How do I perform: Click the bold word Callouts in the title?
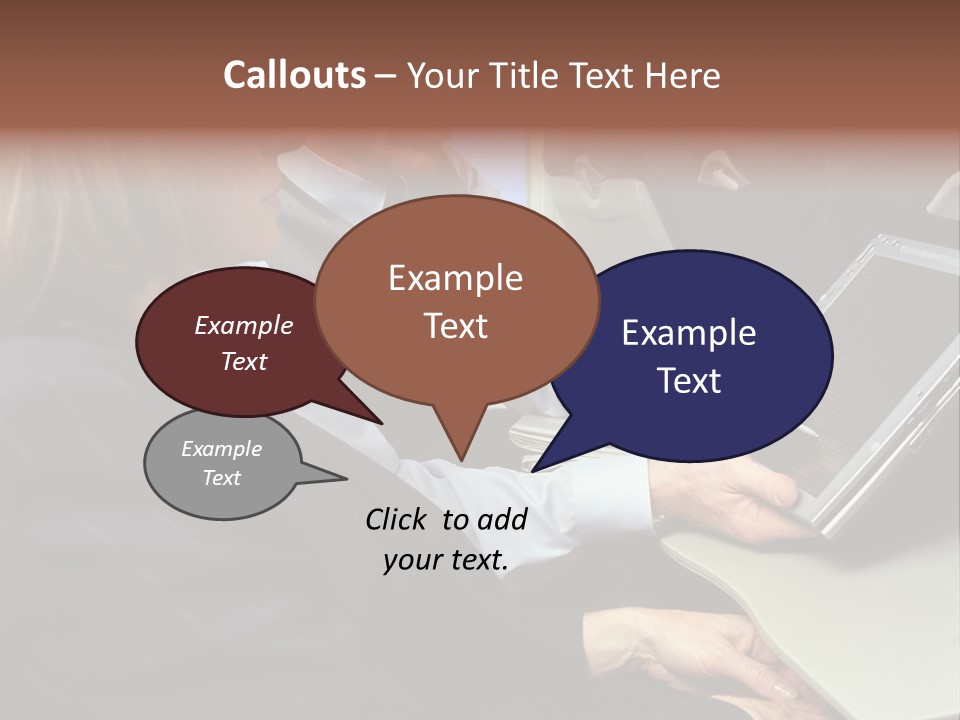(x=294, y=75)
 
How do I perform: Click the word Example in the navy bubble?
(x=689, y=333)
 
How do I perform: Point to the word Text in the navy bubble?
(x=689, y=381)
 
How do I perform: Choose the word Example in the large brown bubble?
(x=455, y=278)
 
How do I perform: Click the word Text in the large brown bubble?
(x=455, y=326)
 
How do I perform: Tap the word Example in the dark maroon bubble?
(x=244, y=325)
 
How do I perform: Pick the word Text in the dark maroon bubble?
(x=244, y=361)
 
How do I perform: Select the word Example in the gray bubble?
(x=222, y=449)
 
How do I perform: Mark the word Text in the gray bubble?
(x=222, y=478)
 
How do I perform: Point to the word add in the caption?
(x=502, y=519)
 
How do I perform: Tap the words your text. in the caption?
(x=446, y=560)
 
